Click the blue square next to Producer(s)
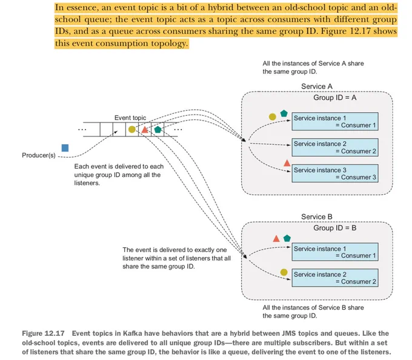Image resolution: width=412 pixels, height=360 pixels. click(65, 148)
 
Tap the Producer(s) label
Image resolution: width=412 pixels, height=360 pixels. click(39, 155)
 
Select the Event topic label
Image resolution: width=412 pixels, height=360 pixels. click(130, 118)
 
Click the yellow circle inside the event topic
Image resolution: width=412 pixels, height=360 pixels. click(132, 129)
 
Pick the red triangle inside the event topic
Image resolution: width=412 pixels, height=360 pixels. click(145, 130)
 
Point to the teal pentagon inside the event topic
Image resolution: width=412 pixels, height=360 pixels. click(158, 129)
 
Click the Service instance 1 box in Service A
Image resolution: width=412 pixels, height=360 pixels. click(335, 121)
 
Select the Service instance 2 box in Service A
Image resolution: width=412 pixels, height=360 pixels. click(335, 147)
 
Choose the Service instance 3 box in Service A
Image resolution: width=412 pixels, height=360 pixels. click(335, 173)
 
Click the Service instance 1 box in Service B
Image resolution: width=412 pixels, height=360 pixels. click(335, 252)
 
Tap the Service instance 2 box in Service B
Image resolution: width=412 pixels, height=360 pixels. click(335, 278)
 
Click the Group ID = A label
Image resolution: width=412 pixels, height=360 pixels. click(334, 98)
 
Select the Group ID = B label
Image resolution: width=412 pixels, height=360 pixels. click(334, 228)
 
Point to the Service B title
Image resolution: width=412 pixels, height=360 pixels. click(317, 217)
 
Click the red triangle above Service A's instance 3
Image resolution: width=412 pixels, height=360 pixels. click(287, 163)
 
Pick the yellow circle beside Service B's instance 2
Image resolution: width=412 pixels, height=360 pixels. click(284, 272)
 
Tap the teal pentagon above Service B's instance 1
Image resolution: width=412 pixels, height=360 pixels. click(287, 238)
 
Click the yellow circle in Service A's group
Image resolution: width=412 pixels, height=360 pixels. click(273, 117)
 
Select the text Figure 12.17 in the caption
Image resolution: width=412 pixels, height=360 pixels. click(44, 333)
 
